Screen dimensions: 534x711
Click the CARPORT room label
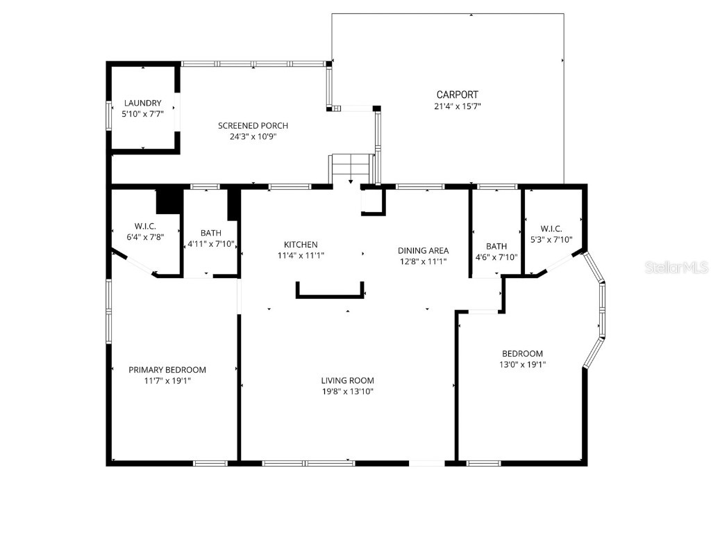tap(457, 95)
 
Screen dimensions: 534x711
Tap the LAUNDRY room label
tap(142, 103)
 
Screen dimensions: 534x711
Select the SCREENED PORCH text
tap(253, 126)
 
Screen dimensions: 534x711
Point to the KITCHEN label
tap(301, 245)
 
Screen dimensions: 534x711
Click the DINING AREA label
tap(423, 250)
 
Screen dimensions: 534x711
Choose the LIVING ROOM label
tap(347, 380)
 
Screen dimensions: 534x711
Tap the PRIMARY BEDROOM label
tap(167, 370)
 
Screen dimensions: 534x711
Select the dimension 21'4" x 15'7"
tap(457, 106)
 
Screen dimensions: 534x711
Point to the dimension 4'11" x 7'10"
tap(211, 244)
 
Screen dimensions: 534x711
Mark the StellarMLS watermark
tap(676, 267)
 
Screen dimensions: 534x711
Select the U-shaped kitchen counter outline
tap(331, 295)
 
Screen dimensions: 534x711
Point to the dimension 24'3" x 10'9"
tap(253, 137)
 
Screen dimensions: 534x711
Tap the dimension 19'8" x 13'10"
tap(347, 391)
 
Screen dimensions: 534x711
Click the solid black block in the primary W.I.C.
tap(168, 201)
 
